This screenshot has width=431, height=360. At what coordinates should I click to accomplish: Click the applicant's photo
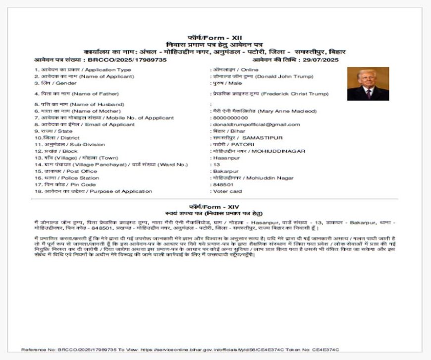click(x=368, y=84)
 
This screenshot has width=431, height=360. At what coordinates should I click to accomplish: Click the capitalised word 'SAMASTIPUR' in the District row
click(x=263, y=137)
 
